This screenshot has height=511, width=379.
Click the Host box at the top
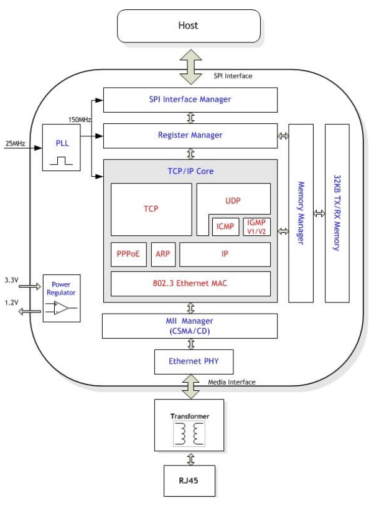pyautogui.click(x=189, y=26)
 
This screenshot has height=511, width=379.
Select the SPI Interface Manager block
pyautogui.click(x=190, y=100)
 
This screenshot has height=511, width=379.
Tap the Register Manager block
pyautogui.click(x=190, y=134)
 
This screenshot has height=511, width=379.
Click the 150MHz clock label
pyautogui.click(x=80, y=118)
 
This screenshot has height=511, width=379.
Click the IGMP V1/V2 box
pyautogui.click(x=256, y=226)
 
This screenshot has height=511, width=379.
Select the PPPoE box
pyautogui.click(x=128, y=254)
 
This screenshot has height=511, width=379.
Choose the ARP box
pyautogui.click(x=163, y=254)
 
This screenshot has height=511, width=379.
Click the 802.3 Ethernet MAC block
pyautogui.click(x=190, y=283)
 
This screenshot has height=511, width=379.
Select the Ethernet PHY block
pyautogui.click(x=190, y=361)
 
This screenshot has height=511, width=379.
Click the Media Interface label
pyautogui.click(x=232, y=382)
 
